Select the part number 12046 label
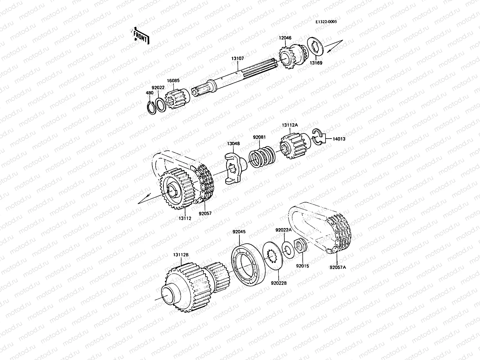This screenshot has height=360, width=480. [285, 38]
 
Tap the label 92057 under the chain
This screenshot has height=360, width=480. [205, 214]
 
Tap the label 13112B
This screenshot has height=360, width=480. [181, 255]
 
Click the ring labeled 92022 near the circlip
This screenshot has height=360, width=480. [160, 105]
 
